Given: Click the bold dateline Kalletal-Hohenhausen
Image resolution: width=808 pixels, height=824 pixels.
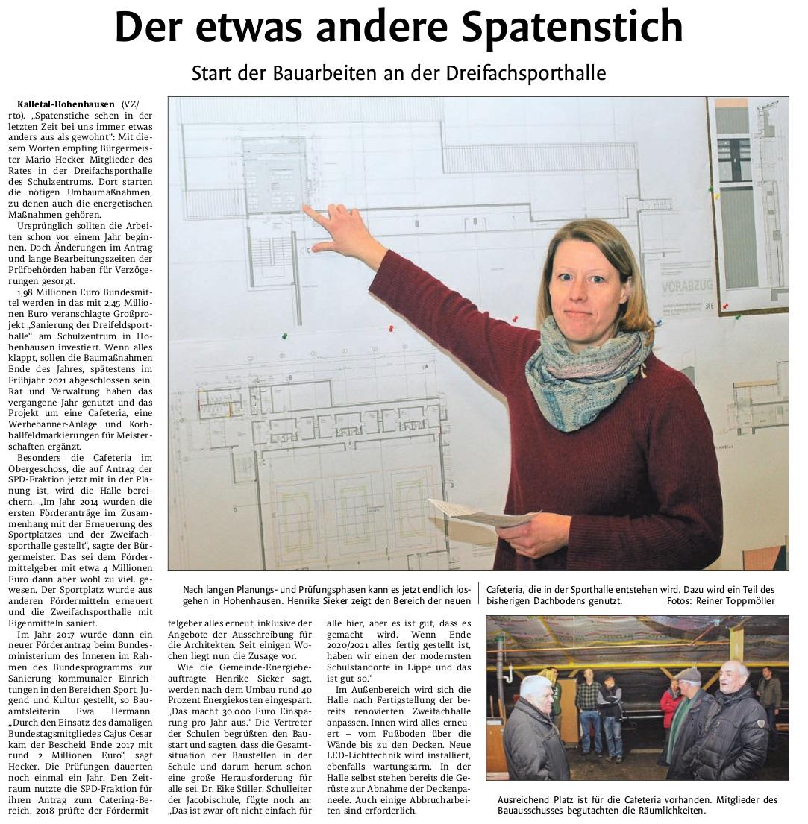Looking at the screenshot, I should (x=66, y=104).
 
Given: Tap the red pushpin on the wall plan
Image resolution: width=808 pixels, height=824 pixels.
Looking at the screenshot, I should (x=390, y=328).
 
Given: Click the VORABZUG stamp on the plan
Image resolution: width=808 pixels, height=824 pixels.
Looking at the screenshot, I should (x=686, y=286).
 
